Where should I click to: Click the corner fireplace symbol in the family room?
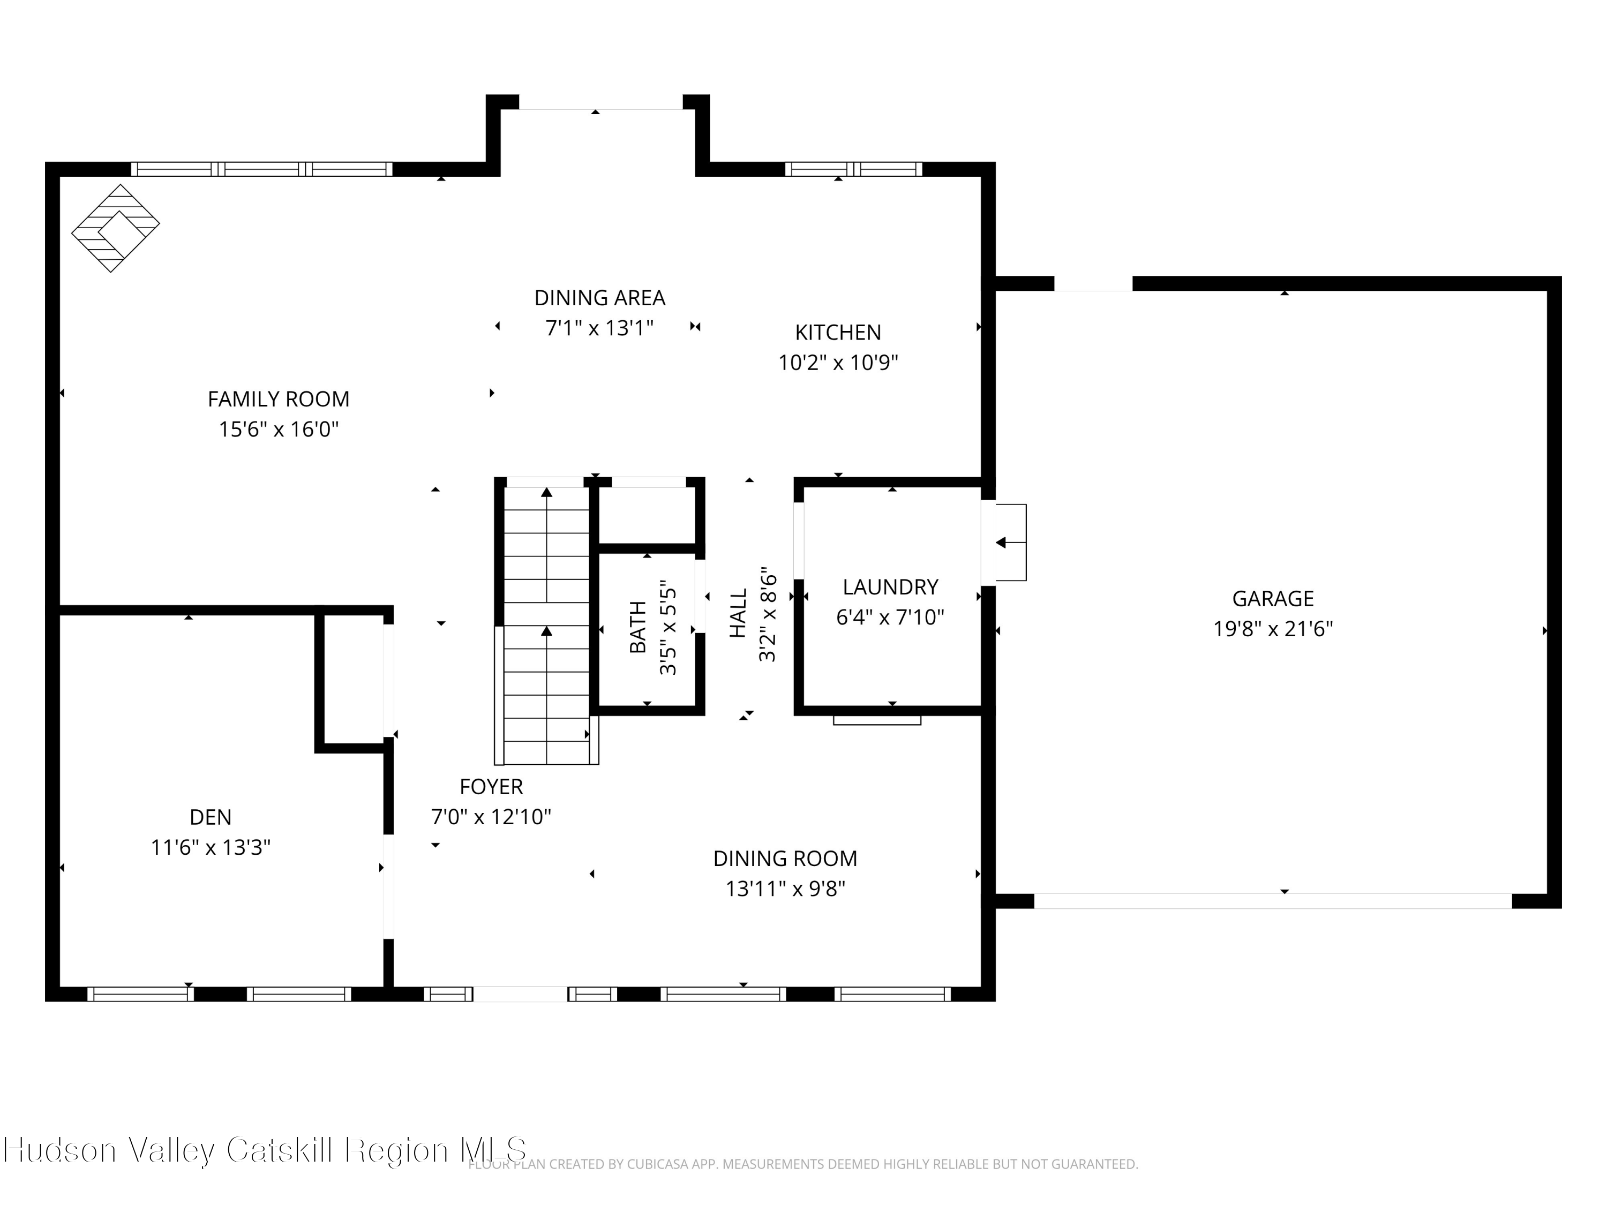(115, 228)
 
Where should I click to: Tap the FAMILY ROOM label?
(278, 399)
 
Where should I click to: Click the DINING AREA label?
(599, 298)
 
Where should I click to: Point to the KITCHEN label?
(838, 332)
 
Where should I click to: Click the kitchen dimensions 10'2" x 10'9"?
(838, 363)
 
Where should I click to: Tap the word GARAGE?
(1272, 599)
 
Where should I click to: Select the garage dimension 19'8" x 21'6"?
(1272, 628)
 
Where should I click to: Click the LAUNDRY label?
(890, 587)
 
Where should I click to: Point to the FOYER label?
(491, 787)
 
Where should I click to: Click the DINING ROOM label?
(785, 858)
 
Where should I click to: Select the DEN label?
(211, 817)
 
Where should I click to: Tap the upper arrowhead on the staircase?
(546, 493)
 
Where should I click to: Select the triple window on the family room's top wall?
(261, 169)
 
